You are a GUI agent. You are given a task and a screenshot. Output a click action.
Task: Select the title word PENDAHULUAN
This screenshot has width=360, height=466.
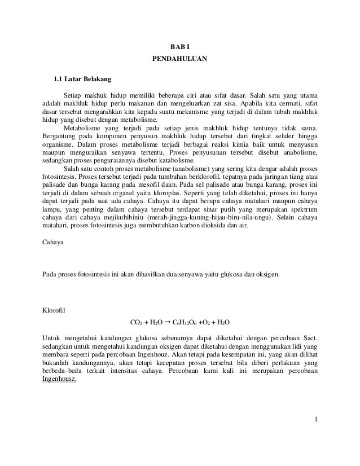(x=180, y=58)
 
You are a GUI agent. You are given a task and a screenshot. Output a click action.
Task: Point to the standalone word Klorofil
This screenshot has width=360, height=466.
(x=55, y=309)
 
